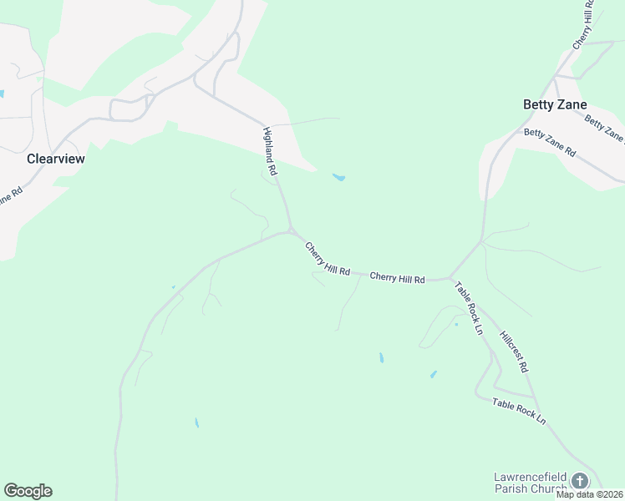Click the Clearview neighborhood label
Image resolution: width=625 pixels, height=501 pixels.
[56, 158]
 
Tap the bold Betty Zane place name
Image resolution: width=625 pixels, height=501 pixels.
[555, 104]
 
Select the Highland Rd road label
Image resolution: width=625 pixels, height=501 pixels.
[270, 150]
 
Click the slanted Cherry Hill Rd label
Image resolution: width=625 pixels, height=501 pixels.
[328, 260]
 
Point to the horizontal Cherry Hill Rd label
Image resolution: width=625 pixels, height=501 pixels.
[397, 278]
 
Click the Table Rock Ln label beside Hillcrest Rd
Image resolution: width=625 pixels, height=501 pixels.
[469, 308]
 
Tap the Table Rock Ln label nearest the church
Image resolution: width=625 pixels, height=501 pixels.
[518, 410]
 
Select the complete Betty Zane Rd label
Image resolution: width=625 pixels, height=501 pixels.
[550, 143]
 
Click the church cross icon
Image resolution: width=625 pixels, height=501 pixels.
[579, 481]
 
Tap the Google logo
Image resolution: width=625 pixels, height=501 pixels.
[28, 491]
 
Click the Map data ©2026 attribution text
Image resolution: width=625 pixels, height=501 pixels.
[589, 494]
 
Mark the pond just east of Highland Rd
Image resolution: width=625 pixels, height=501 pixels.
[338, 177]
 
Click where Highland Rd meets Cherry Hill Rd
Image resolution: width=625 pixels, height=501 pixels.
[291, 230]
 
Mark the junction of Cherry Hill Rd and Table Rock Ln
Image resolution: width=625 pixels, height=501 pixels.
[450, 277]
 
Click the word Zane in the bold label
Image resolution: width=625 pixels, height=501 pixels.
[572, 104]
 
